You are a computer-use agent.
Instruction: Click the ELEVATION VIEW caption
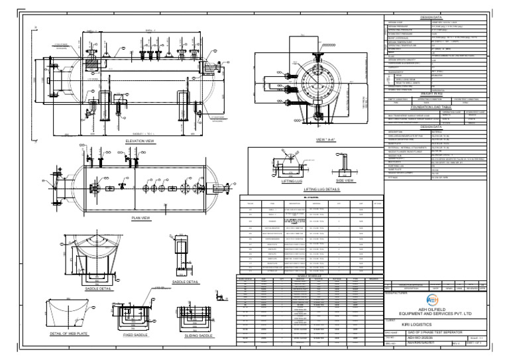coord(140,141)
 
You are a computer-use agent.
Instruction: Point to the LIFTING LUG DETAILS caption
coord(321,190)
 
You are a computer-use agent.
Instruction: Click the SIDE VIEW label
coord(345,180)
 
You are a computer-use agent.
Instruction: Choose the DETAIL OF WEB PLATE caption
coord(70,335)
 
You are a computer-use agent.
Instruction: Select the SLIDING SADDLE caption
coord(197,335)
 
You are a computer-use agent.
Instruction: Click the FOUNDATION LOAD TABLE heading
coord(431,106)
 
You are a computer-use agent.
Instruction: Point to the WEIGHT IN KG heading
coord(431,93)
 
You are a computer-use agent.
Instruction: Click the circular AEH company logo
coord(433,298)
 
